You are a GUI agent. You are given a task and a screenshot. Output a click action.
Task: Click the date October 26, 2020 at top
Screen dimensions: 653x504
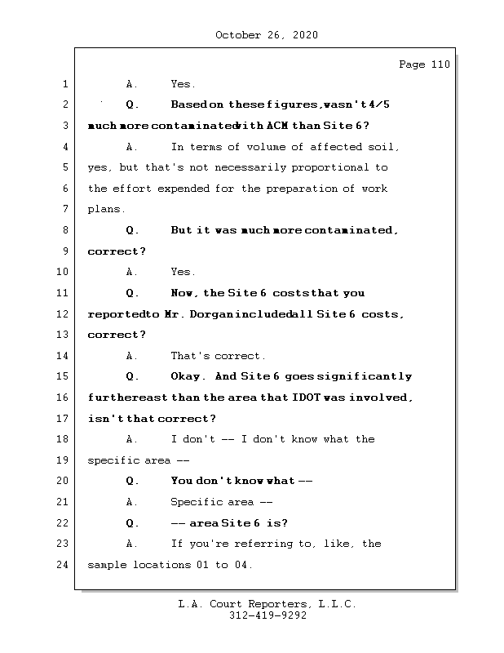pyautogui.click(x=267, y=35)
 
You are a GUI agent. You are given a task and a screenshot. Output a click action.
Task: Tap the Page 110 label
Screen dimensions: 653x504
pyautogui.click(x=424, y=64)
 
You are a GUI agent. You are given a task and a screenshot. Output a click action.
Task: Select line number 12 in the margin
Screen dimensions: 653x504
pyautogui.click(x=64, y=314)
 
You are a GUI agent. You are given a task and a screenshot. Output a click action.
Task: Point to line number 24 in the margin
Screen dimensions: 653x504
pyautogui.click(x=64, y=565)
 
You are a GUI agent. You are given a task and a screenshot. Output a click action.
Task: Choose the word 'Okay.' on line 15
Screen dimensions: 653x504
pyautogui.click(x=189, y=377)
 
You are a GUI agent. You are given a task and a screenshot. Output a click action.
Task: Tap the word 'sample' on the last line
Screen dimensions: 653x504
pyautogui.click(x=107, y=565)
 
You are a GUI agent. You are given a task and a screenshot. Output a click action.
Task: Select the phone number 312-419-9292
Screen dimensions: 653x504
pyautogui.click(x=267, y=616)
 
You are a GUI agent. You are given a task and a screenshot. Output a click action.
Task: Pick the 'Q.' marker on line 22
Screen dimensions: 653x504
pyautogui.click(x=133, y=523)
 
